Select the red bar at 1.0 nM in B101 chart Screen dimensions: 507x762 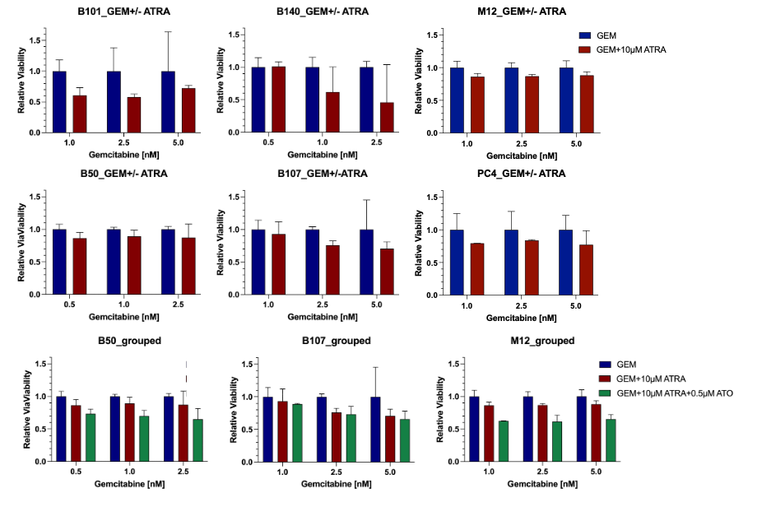[80, 114]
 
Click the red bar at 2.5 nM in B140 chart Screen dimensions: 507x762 [387, 117]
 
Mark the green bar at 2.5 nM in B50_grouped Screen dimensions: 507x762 [197, 440]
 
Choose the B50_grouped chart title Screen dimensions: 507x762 [118, 341]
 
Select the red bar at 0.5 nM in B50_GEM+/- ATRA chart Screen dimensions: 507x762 [80, 266]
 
